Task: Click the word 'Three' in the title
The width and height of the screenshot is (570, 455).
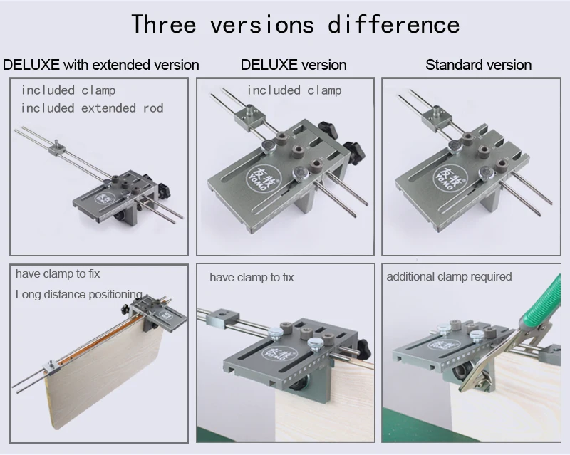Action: [164, 24]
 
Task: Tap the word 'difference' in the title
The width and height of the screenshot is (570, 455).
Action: [394, 24]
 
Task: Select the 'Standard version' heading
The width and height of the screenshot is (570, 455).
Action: [478, 65]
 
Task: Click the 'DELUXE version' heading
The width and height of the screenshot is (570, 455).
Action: [294, 65]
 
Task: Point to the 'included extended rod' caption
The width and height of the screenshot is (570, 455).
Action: [93, 108]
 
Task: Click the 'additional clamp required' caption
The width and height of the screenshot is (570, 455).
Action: [449, 276]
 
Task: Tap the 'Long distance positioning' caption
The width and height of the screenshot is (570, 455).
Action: [78, 294]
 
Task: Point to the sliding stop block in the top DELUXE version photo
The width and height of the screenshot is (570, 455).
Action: [249, 117]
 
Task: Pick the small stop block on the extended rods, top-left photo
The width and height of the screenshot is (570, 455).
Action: [58, 148]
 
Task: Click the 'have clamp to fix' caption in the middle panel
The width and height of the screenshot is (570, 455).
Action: [252, 277]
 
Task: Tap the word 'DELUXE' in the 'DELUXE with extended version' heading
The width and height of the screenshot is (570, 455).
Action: [31, 65]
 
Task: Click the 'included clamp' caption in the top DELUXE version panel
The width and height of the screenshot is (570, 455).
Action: [294, 90]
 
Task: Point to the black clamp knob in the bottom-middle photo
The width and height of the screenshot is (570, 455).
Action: [363, 349]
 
